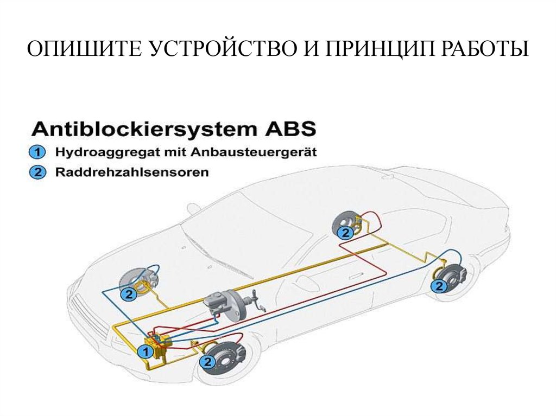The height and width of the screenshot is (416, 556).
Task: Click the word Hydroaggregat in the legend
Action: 97,152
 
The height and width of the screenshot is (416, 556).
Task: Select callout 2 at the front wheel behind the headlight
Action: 129,295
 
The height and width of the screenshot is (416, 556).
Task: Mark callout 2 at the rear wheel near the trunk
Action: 438,286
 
